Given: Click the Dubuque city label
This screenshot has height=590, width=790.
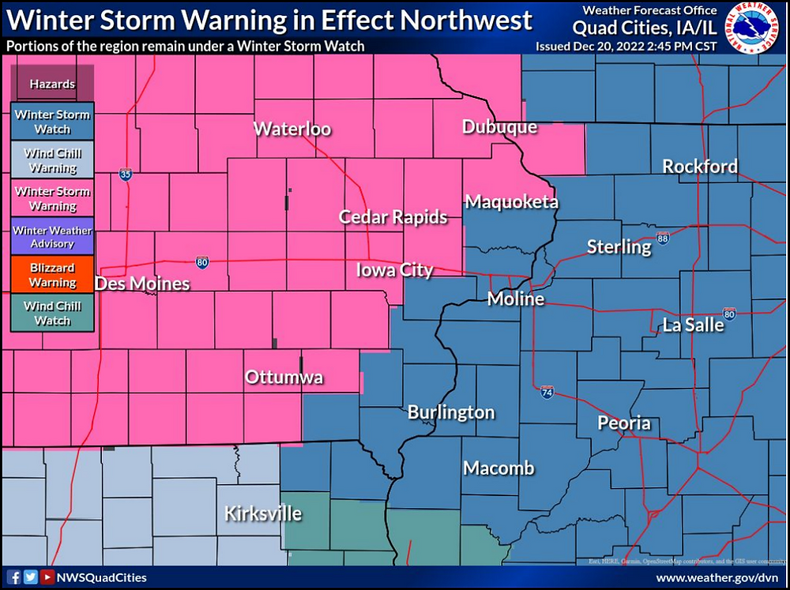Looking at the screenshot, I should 499,127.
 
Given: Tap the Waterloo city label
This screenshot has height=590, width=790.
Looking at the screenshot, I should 292,130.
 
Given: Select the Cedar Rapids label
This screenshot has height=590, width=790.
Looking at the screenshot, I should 393,217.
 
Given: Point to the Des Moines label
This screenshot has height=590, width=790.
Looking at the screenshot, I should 142,284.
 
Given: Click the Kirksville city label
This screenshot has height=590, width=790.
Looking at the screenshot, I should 262,513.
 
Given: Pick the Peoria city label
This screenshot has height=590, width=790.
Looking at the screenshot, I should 623,423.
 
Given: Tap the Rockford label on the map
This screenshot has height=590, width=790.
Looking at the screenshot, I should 699,167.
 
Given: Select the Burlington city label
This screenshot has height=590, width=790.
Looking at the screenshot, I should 450,412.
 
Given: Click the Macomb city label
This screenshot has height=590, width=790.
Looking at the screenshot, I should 498,468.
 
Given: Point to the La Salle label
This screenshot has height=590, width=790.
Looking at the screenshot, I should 693,325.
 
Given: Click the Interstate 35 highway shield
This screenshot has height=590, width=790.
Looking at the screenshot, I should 126,175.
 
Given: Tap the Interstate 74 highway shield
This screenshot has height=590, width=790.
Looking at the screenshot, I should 547,392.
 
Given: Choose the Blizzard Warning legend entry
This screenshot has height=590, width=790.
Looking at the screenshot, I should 53,275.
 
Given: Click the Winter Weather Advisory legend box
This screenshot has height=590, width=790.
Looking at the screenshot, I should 53,237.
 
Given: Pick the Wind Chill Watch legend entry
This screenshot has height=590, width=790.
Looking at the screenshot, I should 53,314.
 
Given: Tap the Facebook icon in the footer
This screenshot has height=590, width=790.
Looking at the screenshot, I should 14,577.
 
